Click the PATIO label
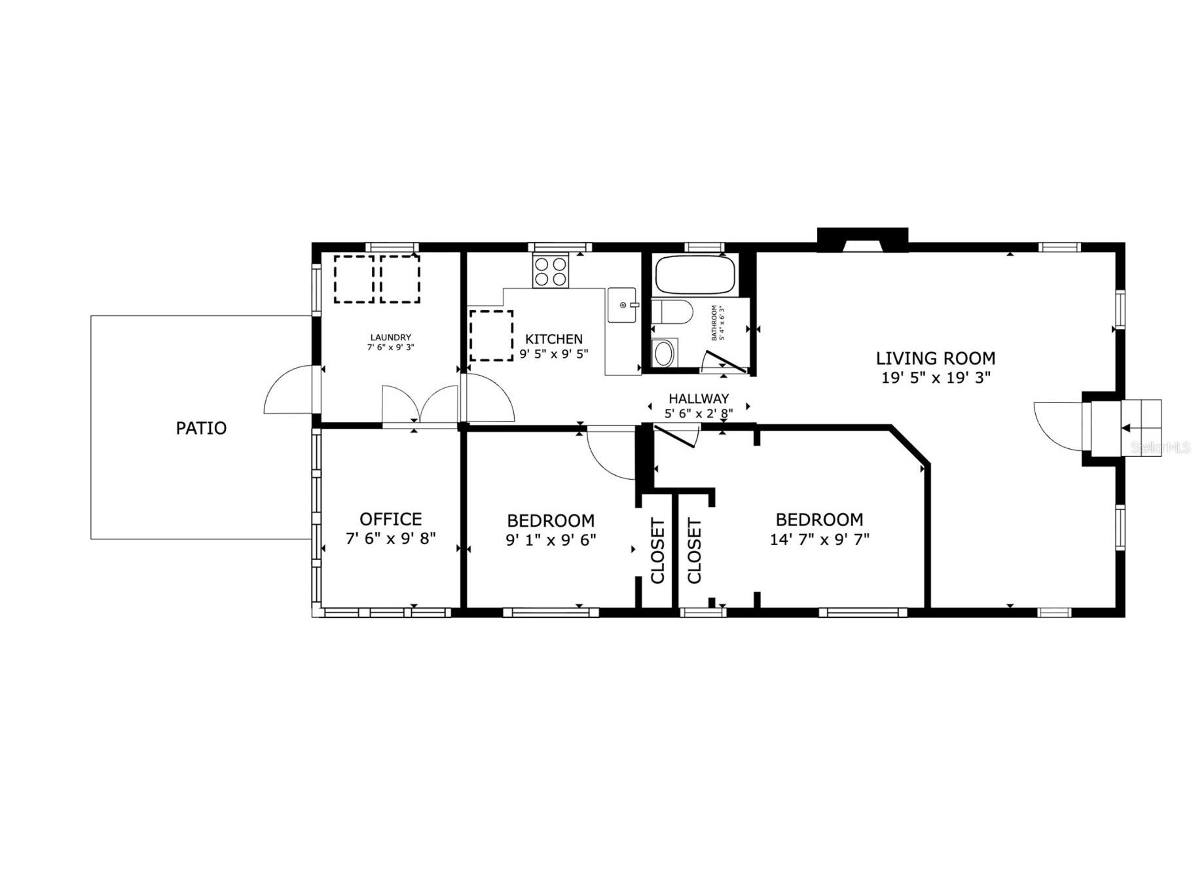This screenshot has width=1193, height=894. [201, 428]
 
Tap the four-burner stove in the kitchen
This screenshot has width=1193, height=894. [549, 272]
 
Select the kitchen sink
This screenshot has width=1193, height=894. [621, 305]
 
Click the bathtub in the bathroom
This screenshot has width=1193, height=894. [695, 275]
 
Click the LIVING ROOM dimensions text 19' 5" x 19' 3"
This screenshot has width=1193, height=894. [936, 378]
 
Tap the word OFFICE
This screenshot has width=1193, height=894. [390, 519]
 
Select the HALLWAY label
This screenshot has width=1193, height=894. [698, 399]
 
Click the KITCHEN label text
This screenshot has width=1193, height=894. [553, 339]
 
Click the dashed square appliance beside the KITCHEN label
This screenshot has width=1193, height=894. [491, 336]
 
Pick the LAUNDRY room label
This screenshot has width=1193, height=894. [390, 338]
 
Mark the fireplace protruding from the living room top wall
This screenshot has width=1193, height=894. [862, 240]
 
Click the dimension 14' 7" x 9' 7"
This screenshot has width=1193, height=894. [819, 539]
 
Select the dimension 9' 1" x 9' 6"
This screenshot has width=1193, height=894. [551, 540]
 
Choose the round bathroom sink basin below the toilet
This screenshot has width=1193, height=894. [664, 353]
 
